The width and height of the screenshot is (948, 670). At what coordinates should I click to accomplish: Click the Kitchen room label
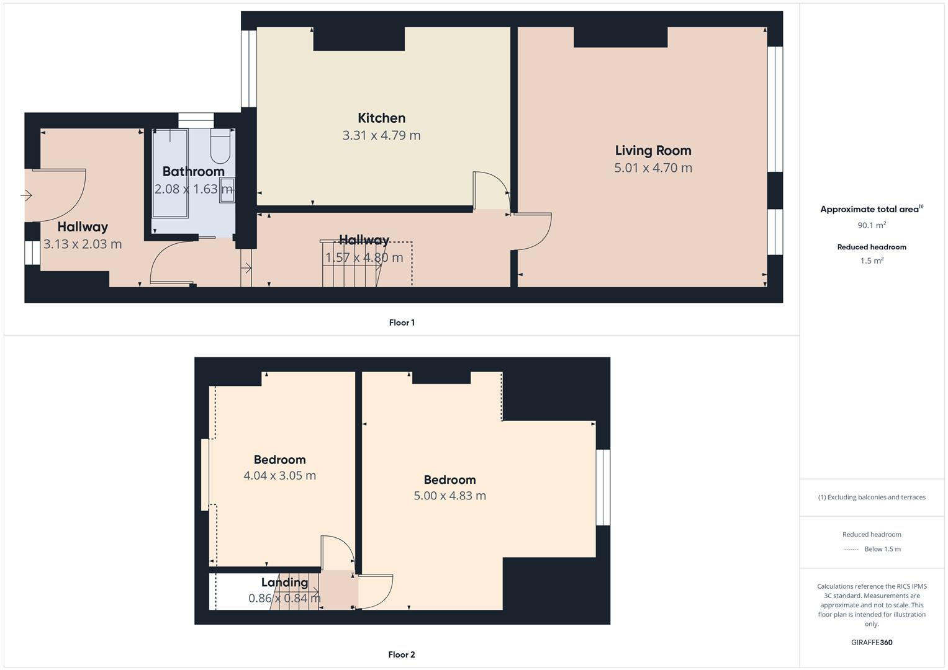tap(381, 118)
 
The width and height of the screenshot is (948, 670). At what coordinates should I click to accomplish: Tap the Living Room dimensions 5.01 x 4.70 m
tap(652, 167)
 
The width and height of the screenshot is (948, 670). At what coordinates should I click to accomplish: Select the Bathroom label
tap(193, 171)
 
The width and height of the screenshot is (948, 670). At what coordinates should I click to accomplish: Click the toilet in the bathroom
tap(220, 145)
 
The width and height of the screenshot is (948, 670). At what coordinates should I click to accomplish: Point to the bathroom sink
tap(227, 187)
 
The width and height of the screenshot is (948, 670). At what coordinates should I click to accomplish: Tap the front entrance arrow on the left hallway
tap(26, 195)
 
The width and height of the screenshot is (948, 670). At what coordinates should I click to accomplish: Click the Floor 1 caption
tap(402, 323)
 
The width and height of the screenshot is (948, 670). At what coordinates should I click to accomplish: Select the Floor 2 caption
tap(402, 654)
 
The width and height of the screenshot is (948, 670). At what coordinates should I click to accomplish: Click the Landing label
tap(284, 583)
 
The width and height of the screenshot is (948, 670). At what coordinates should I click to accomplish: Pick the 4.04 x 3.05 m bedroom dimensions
tap(279, 476)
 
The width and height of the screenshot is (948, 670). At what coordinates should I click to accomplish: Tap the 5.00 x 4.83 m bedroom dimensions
tap(449, 496)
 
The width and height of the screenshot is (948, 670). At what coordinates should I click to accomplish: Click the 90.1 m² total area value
tap(872, 225)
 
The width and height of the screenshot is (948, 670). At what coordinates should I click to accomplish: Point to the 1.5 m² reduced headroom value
tap(872, 261)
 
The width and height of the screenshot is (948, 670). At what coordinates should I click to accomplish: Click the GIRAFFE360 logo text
tap(872, 642)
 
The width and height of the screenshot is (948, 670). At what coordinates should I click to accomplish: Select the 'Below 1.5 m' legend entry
tap(882, 549)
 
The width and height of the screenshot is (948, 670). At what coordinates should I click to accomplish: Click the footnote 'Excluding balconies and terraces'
tap(872, 497)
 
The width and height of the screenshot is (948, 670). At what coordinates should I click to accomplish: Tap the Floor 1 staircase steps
tap(351, 273)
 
